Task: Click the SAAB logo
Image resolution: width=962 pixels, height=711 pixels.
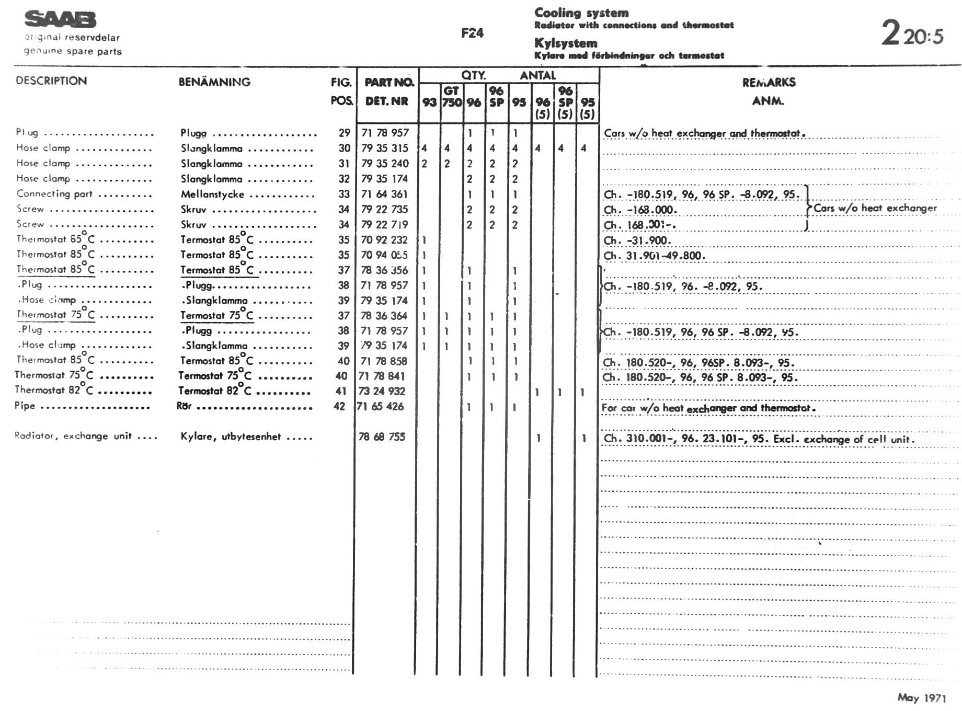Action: [x=60, y=20]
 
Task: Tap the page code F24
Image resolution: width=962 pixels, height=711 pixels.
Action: [x=472, y=33]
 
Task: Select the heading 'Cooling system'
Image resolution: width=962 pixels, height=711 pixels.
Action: [x=581, y=13]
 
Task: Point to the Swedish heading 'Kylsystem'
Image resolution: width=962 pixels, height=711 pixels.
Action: [x=565, y=43]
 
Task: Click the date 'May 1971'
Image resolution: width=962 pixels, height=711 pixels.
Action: [x=921, y=697]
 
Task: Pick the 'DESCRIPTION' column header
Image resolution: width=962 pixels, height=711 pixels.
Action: [x=51, y=81]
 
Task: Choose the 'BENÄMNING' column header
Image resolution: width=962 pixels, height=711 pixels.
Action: [x=214, y=82]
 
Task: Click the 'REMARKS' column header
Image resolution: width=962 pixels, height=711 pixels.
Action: [x=769, y=82]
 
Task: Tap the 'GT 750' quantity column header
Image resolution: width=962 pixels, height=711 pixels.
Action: [x=452, y=97]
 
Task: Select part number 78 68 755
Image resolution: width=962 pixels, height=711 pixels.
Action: [x=382, y=437]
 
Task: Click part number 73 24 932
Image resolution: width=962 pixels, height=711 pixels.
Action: [x=382, y=391]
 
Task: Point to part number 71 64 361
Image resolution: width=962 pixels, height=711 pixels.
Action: [x=384, y=194]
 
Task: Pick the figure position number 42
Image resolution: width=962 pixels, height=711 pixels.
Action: [x=339, y=406]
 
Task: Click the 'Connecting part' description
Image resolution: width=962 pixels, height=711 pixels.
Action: [x=54, y=194]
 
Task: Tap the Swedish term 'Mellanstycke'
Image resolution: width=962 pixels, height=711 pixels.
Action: [x=212, y=194]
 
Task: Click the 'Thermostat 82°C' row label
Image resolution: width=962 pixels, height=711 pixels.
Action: [x=53, y=390]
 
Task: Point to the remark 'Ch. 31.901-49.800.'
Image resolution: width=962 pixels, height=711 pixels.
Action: [x=654, y=256]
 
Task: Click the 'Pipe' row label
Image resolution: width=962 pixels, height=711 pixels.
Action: [x=25, y=406]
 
